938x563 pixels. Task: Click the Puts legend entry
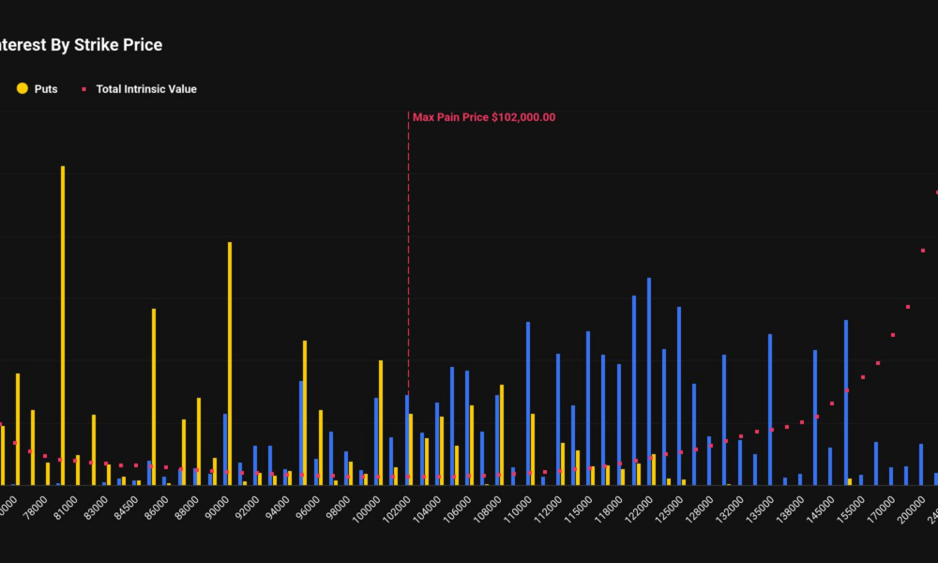(x=38, y=89)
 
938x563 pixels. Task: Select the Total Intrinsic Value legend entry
(x=145, y=89)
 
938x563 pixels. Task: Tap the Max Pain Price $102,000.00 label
(x=484, y=117)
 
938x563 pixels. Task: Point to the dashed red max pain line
(x=408, y=281)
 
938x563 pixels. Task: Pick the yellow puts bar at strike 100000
(x=380, y=422)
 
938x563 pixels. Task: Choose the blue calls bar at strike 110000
(x=528, y=403)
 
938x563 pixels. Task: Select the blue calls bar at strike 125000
(x=679, y=395)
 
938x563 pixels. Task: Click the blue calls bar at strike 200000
(x=920, y=464)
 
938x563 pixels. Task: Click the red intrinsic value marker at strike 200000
(x=923, y=251)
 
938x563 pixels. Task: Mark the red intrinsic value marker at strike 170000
(x=893, y=335)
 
